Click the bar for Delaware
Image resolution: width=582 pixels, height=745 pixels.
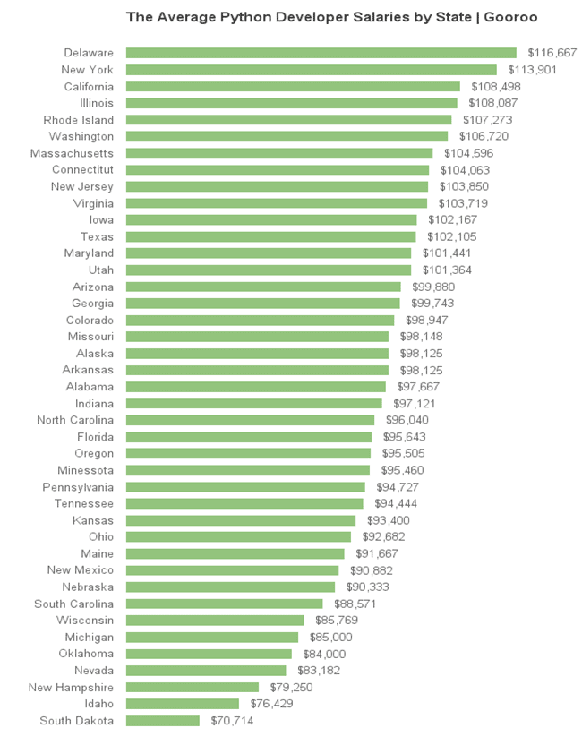321,53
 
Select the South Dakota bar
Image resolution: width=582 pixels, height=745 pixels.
162,721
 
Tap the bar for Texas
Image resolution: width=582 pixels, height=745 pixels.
270,237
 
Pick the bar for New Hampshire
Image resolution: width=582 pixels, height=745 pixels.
192,688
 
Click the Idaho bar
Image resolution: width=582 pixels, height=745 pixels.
182,704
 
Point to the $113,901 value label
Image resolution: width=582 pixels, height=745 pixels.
533,70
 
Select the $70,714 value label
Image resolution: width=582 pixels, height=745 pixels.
232,721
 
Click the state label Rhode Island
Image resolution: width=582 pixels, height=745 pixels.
79,120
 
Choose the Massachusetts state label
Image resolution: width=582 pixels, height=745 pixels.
72,154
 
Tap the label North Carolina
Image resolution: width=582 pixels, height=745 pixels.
75,420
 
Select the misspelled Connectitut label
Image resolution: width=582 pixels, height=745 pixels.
82,170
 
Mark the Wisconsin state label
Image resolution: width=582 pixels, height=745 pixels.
85,621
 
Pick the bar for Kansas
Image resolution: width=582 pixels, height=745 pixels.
241,520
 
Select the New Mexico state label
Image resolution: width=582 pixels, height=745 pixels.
81,570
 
